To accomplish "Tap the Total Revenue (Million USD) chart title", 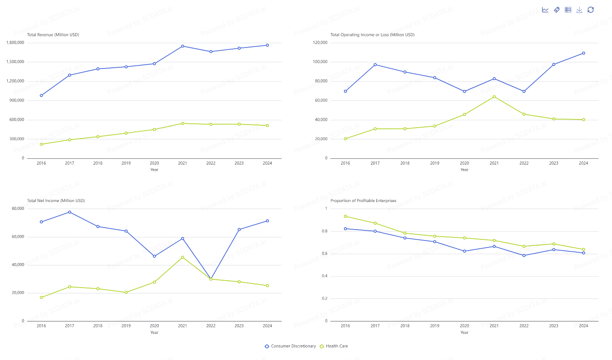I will point(53,35).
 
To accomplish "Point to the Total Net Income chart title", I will point(56,200).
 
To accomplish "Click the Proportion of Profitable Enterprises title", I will point(363,200).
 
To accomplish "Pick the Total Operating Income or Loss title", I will point(372,35).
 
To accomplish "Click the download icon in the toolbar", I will point(579,10).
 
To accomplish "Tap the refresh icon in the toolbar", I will point(591,10).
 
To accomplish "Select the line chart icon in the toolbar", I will point(545,10).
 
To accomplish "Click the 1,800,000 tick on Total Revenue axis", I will point(15,42).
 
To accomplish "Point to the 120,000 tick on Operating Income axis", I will point(320,42).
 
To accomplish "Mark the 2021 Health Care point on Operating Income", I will point(494,97).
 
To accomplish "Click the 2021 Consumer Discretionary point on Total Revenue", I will point(182,46).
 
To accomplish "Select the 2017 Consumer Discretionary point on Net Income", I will point(70,212).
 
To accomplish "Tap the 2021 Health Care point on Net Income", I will point(182,257).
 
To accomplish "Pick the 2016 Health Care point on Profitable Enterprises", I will point(345,216).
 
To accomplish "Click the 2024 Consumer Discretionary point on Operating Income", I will point(583,53).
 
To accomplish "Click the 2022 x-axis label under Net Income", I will point(211,326).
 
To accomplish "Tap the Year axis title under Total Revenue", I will point(154,170).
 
